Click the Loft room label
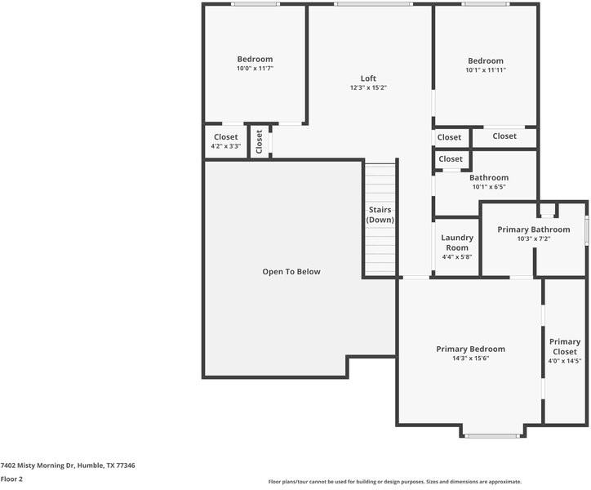click(x=368, y=78)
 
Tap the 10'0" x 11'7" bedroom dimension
click(x=255, y=69)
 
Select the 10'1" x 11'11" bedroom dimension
click(x=486, y=69)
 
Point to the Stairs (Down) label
click(x=380, y=215)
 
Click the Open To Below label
click(x=291, y=272)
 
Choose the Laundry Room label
click(x=457, y=243)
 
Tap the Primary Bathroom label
click(x=534, y=229)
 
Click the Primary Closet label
click(x=565, y=346)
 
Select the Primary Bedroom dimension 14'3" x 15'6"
click(x=470, y=359)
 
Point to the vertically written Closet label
click(x=259, y=142)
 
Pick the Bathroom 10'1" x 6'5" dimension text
click(x=489, y=187)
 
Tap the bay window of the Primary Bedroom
click(x=491, y=436)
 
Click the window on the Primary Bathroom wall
click(x=586, y=229)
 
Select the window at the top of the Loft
click(x=373, y=4)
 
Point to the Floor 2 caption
click(x=11, y=479)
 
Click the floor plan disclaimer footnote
click(x=394, y=482)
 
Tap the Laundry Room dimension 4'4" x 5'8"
click(x=457, y=257)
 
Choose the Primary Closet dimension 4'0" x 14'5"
click(x=565, y=361)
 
